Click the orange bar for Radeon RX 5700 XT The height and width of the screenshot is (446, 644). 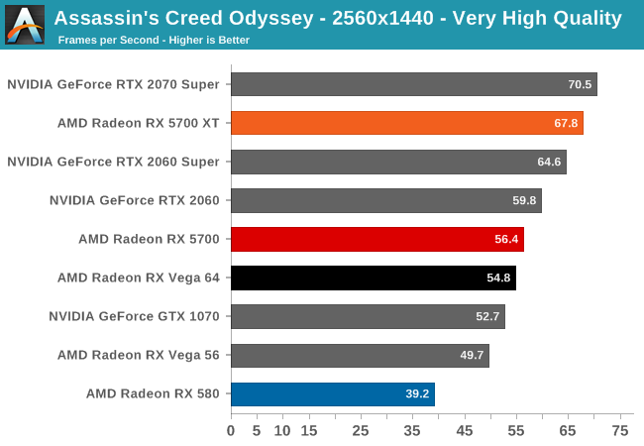point(406,123)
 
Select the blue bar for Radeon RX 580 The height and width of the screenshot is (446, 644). point(332,393)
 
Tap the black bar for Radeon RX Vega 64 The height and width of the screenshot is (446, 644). point(373,278)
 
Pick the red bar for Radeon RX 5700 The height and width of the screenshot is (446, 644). point(376,239)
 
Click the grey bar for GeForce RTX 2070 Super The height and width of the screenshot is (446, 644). point(413,84)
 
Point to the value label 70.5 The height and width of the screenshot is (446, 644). point(580,84)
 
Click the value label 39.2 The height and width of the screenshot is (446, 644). point(417,393)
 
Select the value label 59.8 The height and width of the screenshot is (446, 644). point(524,200)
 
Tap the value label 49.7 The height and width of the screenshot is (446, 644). point(472,355)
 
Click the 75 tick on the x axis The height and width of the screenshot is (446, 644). point(621,430)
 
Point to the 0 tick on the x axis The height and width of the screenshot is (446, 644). point(231,430)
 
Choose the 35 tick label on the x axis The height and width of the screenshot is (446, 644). point(413,430)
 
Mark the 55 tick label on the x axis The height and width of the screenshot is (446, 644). point(517,430)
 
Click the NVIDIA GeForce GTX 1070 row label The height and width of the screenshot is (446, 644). point(134,316)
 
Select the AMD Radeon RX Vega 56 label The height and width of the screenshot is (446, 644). point(139,355)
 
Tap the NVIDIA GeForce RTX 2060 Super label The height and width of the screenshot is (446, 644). point(113,162)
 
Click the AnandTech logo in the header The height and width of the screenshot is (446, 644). point(24,24)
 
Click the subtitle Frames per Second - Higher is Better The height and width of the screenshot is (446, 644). point(154,41)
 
